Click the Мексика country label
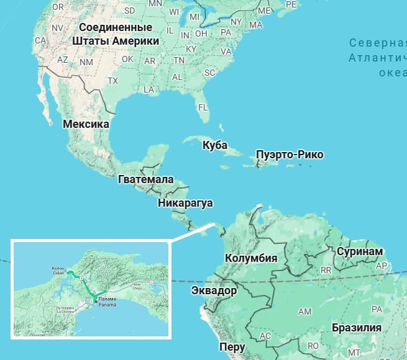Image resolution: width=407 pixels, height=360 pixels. click(x=86, y=124)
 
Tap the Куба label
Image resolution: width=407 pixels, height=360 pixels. click(x=215, y=145)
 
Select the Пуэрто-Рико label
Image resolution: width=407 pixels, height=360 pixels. click(x=290, y=155)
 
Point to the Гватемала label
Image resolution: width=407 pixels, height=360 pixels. click(x=145, y=179)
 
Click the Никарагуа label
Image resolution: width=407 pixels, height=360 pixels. click(x=186, y=203)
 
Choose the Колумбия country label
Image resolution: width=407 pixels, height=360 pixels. click(x=250, y=258)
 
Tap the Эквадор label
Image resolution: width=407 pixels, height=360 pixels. click(x=214, y=290)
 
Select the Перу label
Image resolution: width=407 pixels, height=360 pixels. click(x=232, y=347)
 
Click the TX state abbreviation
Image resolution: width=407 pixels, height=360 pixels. click(x=112, y=81)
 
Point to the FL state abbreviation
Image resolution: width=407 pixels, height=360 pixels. click(x=202, y=107)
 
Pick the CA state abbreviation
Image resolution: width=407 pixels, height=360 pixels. click(x=40, y=40)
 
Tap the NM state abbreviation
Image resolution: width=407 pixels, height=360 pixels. click(x=86, y=61)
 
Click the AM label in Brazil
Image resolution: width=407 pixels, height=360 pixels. click(x=305, y=311)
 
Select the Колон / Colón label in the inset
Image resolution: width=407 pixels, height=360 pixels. click(x=58, y=271)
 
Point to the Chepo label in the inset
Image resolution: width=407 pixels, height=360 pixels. click(x=137, y=287)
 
